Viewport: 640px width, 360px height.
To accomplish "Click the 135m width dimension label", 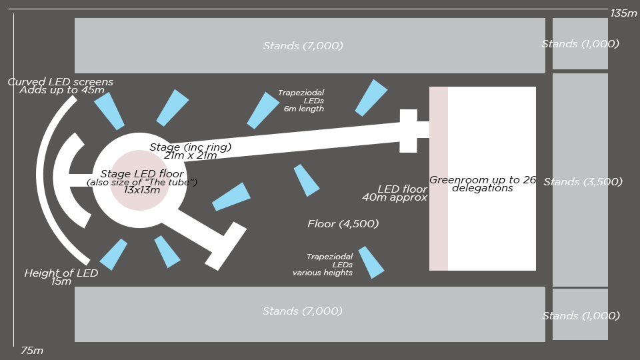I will pos(623,13).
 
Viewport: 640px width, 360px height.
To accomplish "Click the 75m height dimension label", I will pos(32,350).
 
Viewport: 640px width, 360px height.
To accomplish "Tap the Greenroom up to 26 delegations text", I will pos(482,183).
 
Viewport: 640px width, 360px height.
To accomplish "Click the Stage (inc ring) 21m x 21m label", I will pos(191,151).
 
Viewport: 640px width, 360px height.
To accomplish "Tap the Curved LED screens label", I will pos(61,86).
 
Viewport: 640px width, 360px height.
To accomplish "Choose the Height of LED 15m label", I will pos(61,277).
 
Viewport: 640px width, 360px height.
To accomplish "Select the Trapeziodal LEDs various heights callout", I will pos(323,265).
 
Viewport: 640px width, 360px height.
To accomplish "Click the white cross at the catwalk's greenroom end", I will pos(409,130).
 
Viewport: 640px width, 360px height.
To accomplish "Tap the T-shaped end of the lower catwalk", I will pos(225,246).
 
